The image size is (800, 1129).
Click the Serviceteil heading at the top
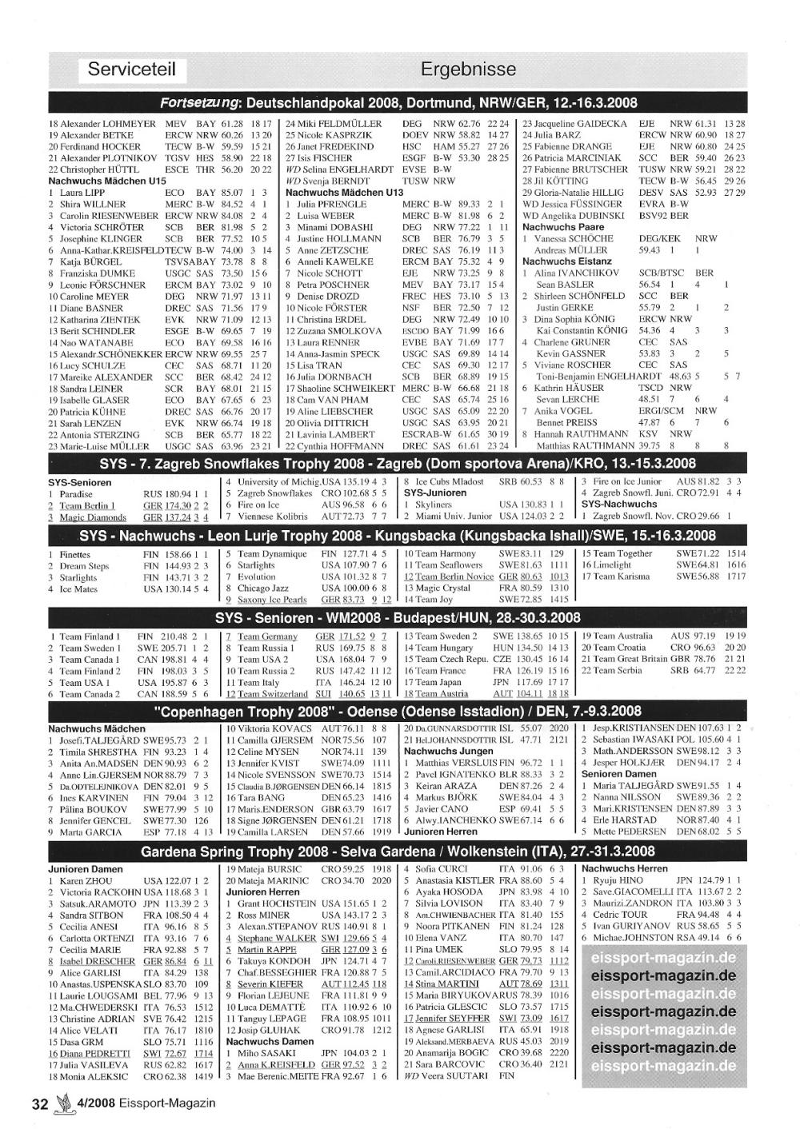pos(132,69)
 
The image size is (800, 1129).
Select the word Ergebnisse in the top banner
pos(468,69)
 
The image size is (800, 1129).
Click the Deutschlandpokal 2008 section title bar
pos(398,103)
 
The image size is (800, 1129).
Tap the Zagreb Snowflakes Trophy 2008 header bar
pos(398,464)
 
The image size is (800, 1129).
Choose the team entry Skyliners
pos(434,505)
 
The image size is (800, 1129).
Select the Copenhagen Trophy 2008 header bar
pos(398,711)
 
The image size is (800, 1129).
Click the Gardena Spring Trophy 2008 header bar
pos(398,851)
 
